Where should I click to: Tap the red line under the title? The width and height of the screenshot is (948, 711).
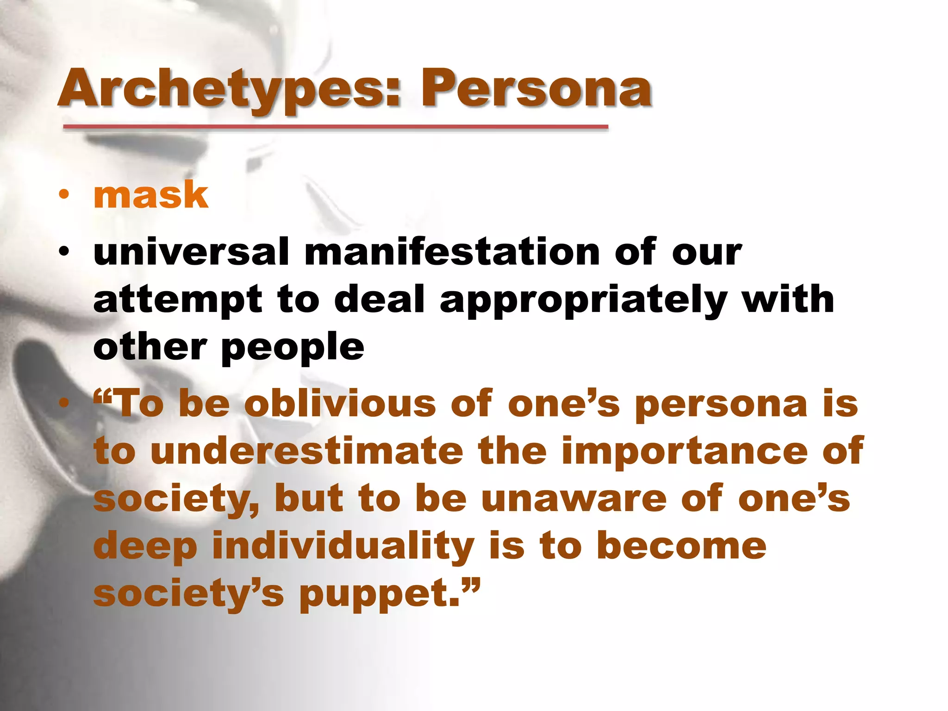tap(335, 126)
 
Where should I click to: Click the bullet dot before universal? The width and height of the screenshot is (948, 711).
tap(64, 252)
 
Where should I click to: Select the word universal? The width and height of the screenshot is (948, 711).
tap(191, 252)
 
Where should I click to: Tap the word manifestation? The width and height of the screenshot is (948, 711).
tap(452, 252)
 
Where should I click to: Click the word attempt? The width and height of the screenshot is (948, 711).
tap(178, 300)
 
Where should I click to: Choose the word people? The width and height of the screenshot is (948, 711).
tap(293, 348)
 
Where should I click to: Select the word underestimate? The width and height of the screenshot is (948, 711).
tap(306, 451)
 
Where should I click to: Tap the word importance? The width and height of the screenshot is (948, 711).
tap(684, 451)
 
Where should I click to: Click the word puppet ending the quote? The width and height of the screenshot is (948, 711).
tap(379, 595)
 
